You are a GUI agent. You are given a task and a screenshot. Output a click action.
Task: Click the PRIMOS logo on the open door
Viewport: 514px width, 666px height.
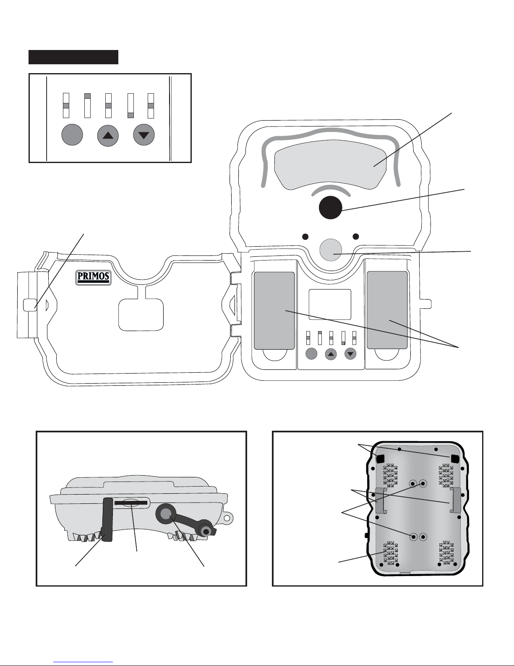click(93, 277)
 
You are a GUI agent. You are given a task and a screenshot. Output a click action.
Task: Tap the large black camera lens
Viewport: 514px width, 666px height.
click(330, 208)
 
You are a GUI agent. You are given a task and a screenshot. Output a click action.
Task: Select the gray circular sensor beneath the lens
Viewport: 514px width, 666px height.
click(331, 250)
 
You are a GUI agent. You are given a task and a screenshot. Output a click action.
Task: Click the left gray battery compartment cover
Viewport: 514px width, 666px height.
click(274, 310)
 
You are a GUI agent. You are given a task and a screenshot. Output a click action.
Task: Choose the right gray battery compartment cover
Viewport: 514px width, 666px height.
click(387, 310)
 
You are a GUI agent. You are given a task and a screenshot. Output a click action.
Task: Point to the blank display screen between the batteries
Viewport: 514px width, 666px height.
click(330, 305)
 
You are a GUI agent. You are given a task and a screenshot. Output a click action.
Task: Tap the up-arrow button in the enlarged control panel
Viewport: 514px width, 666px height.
click(108, 135)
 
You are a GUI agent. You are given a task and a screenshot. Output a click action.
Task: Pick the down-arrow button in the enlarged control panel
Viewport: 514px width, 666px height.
click(144, 135)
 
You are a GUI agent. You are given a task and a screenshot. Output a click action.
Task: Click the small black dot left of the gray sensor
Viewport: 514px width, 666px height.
click(306, 236)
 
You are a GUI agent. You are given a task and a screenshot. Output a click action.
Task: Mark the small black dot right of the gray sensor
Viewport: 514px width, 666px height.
click(356, 236)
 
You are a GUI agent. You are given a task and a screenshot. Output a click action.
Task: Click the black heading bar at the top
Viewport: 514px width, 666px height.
click(73, 57)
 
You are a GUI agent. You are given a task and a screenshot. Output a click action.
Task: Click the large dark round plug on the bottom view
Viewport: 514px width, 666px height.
click(166, 513)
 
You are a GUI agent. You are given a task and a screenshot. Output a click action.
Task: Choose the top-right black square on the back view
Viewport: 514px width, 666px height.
click(454, 458)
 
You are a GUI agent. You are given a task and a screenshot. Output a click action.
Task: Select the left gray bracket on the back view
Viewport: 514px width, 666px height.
click(380, 500)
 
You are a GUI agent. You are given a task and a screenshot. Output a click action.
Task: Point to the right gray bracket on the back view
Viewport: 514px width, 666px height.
click(454, 500)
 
